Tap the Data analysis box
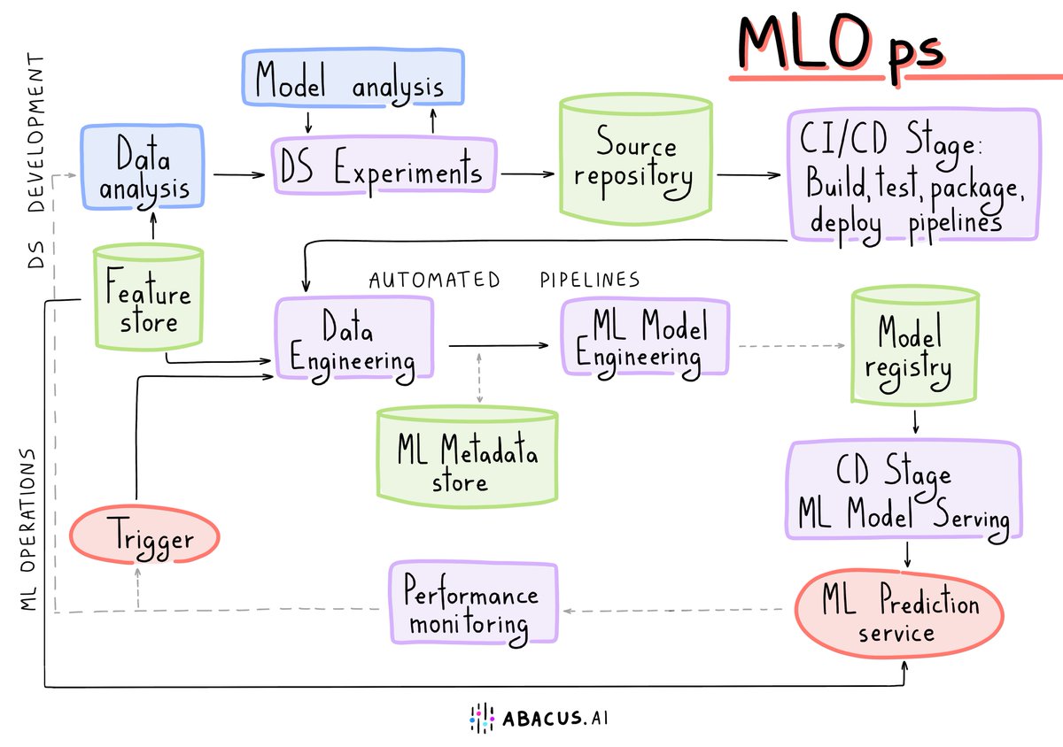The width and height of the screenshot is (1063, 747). (144, 168)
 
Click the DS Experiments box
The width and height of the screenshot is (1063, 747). (383, 168)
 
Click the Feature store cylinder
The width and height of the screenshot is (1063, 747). (149, 297)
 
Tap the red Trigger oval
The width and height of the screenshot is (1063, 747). (144, 536)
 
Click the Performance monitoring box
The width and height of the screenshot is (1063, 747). (476, 602)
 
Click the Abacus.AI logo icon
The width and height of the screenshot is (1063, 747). (480, 718)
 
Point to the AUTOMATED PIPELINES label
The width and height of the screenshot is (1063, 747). (503, 280)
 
